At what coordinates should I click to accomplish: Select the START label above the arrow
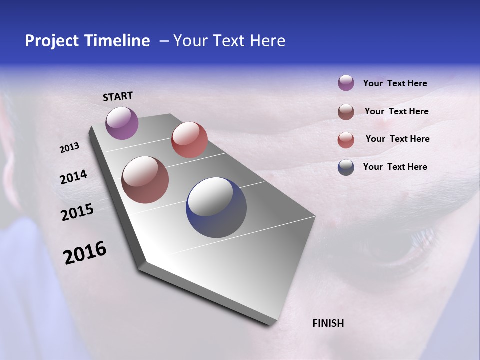[x=118, y=96]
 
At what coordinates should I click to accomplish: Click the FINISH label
[x=328, y=323]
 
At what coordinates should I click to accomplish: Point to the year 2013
[x=69, y=148]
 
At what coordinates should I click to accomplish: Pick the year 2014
[x=73, y=177]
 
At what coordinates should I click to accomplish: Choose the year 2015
[x=77, y=212]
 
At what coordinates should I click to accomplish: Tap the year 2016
[x=85, y=253]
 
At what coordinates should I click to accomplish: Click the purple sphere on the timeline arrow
[x=122, y=123]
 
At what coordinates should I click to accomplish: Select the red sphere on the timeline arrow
[x=189, y=140]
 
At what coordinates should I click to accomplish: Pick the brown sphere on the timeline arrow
[x=145, y=180]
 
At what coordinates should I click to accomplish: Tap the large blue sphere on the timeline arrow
[x=216, y=207]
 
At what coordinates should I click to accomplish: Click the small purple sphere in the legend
[x=346, y=83]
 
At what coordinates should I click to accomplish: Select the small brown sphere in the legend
[x=346, y=112]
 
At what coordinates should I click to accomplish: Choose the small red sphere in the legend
[x=346, y=140]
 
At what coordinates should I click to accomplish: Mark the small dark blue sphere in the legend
[x=346, y=167]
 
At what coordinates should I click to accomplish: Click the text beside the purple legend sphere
[x=395, y=84]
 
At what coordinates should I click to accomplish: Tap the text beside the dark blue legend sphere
[x=395, y=167]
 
